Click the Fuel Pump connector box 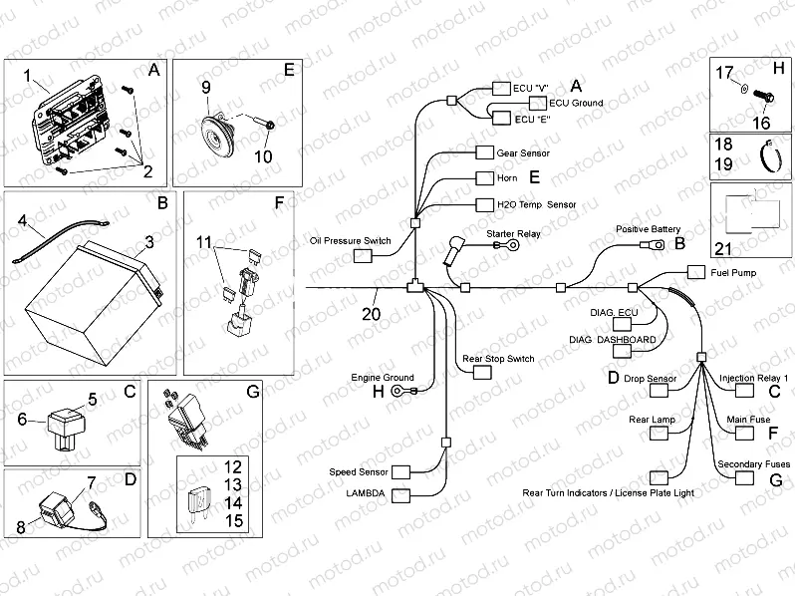[694, 272]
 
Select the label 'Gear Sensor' [523, 153]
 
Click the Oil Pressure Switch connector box [363, 257]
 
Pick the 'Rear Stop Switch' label [498, 358]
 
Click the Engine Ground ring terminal [399, 393]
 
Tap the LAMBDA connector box [401, 493]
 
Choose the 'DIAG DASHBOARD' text [613, 340]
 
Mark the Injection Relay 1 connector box [744, 392]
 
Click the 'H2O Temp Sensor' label [536, 204]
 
